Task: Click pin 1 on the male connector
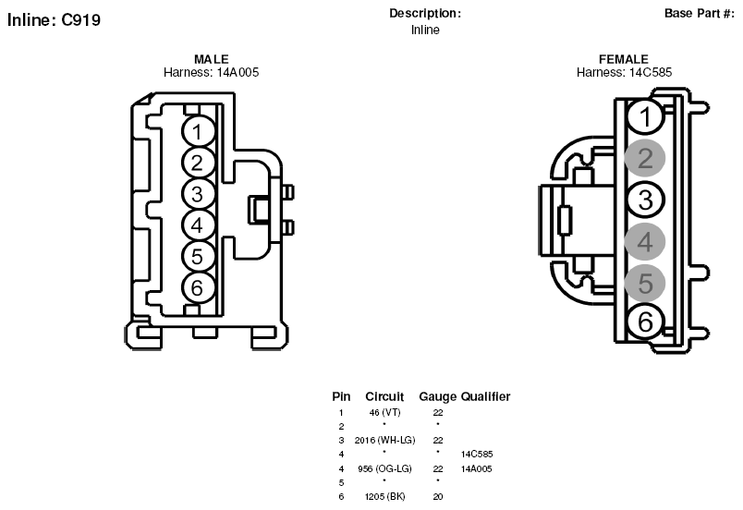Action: pos(198,131)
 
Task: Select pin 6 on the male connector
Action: pos(198,287)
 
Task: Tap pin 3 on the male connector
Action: pos(198,194)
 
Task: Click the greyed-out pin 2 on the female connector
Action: pos(645,158)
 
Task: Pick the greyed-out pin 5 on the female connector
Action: pos(645,283)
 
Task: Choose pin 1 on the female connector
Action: pos(645,116)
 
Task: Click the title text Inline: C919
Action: pos(54,20)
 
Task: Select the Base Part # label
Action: pos(700,13)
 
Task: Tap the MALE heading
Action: pos(212,59)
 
